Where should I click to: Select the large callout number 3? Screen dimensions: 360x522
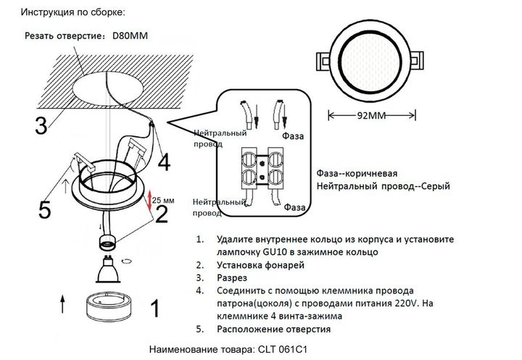(42, 125)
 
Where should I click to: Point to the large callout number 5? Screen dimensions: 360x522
(45, 211)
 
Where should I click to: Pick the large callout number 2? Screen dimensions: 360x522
(162, 213)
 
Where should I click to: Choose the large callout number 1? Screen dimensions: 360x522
(153, 309)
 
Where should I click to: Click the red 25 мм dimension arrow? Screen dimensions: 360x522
(150, 201)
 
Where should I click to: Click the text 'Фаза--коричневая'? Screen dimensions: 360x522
(357, 174)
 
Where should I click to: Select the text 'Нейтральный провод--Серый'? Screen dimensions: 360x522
(384, 186)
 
